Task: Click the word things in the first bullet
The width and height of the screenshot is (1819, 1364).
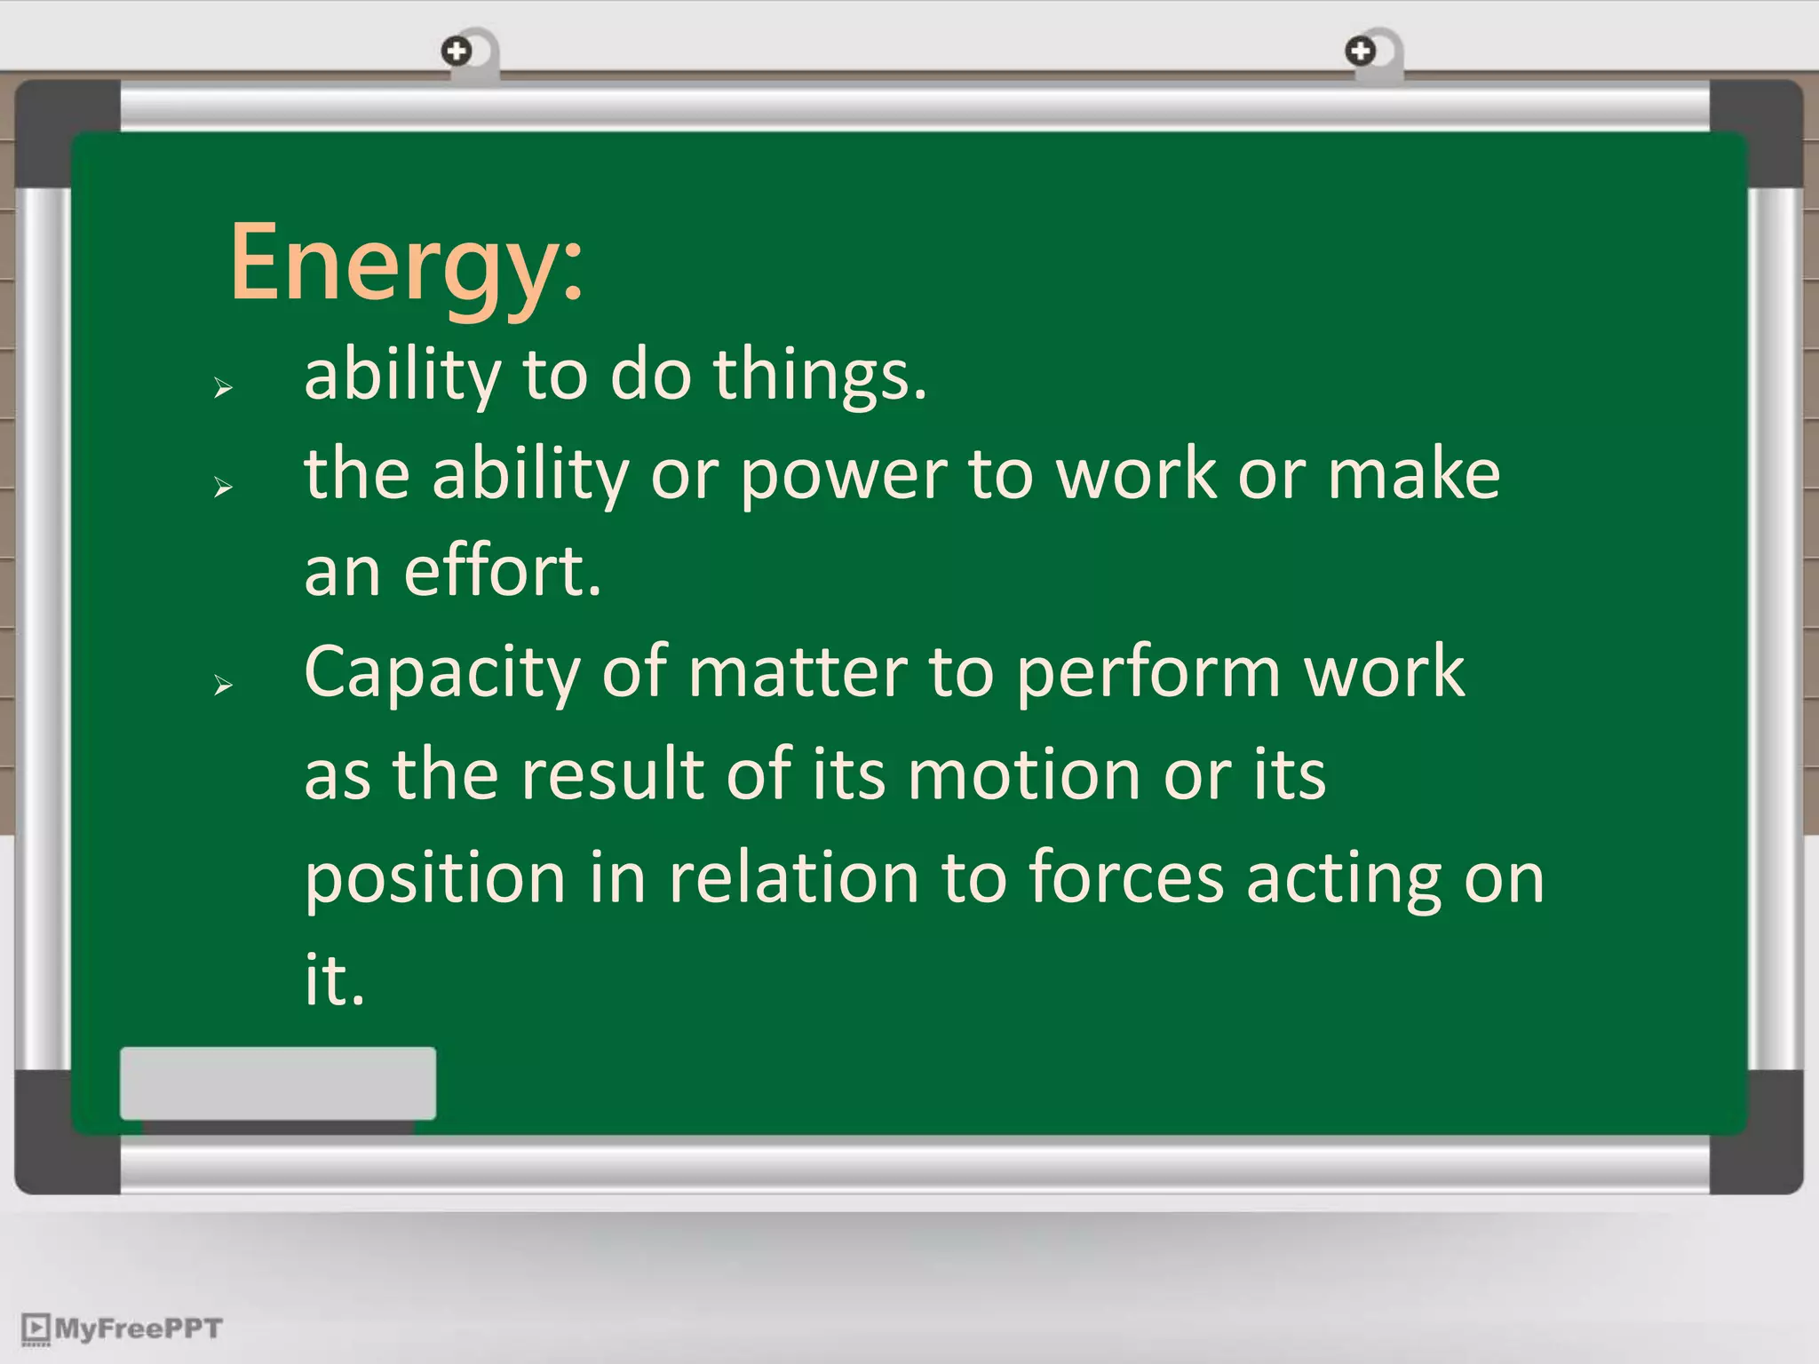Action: [x=819, y=375]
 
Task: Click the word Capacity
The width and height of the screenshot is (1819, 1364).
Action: [x=442, y=673]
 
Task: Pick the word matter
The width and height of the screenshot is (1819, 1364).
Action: [x=798, y=671]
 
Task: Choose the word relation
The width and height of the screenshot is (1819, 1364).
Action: [x=793, y=877]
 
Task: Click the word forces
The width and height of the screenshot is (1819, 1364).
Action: [x=1126, y=877]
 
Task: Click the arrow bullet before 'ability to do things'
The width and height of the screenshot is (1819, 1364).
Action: [x=223, y=387]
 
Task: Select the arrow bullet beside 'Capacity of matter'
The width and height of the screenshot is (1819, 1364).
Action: [x=223, y=684]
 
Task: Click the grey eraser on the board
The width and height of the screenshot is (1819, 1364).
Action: [x=278, y=1083]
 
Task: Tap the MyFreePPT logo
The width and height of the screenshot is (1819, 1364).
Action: [x=122, y=1328]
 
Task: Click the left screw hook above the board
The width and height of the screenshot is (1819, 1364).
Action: [x=457, y=52]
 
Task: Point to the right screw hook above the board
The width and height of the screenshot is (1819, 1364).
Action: [x=1360, y=52]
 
